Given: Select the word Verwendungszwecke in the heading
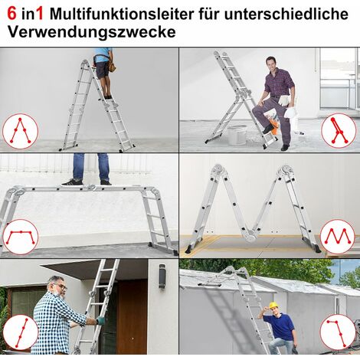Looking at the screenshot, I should pyautogui.click(x=90, y=33).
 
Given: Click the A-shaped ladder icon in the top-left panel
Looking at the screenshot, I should pyautogui.click(x=20, y=131).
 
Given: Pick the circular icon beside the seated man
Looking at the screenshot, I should pyautogui.click(x=338, y=130).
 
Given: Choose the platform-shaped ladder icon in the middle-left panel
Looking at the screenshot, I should pyautogui.click(x=20, y=237).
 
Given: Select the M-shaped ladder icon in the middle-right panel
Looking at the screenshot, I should pyautogui.click(x=338, y=237).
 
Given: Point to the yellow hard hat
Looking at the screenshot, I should pyautogui.click(x=273, y=306).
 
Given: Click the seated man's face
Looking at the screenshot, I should pyautogui.click(x=271, y=64).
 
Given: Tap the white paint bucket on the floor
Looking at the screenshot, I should pyautogui.click(x=237, y=136).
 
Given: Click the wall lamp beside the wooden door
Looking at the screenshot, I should pyautogui.click(x=162, y=276).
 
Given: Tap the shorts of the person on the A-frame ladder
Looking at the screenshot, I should pyautogui.click(x=102, y=69).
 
